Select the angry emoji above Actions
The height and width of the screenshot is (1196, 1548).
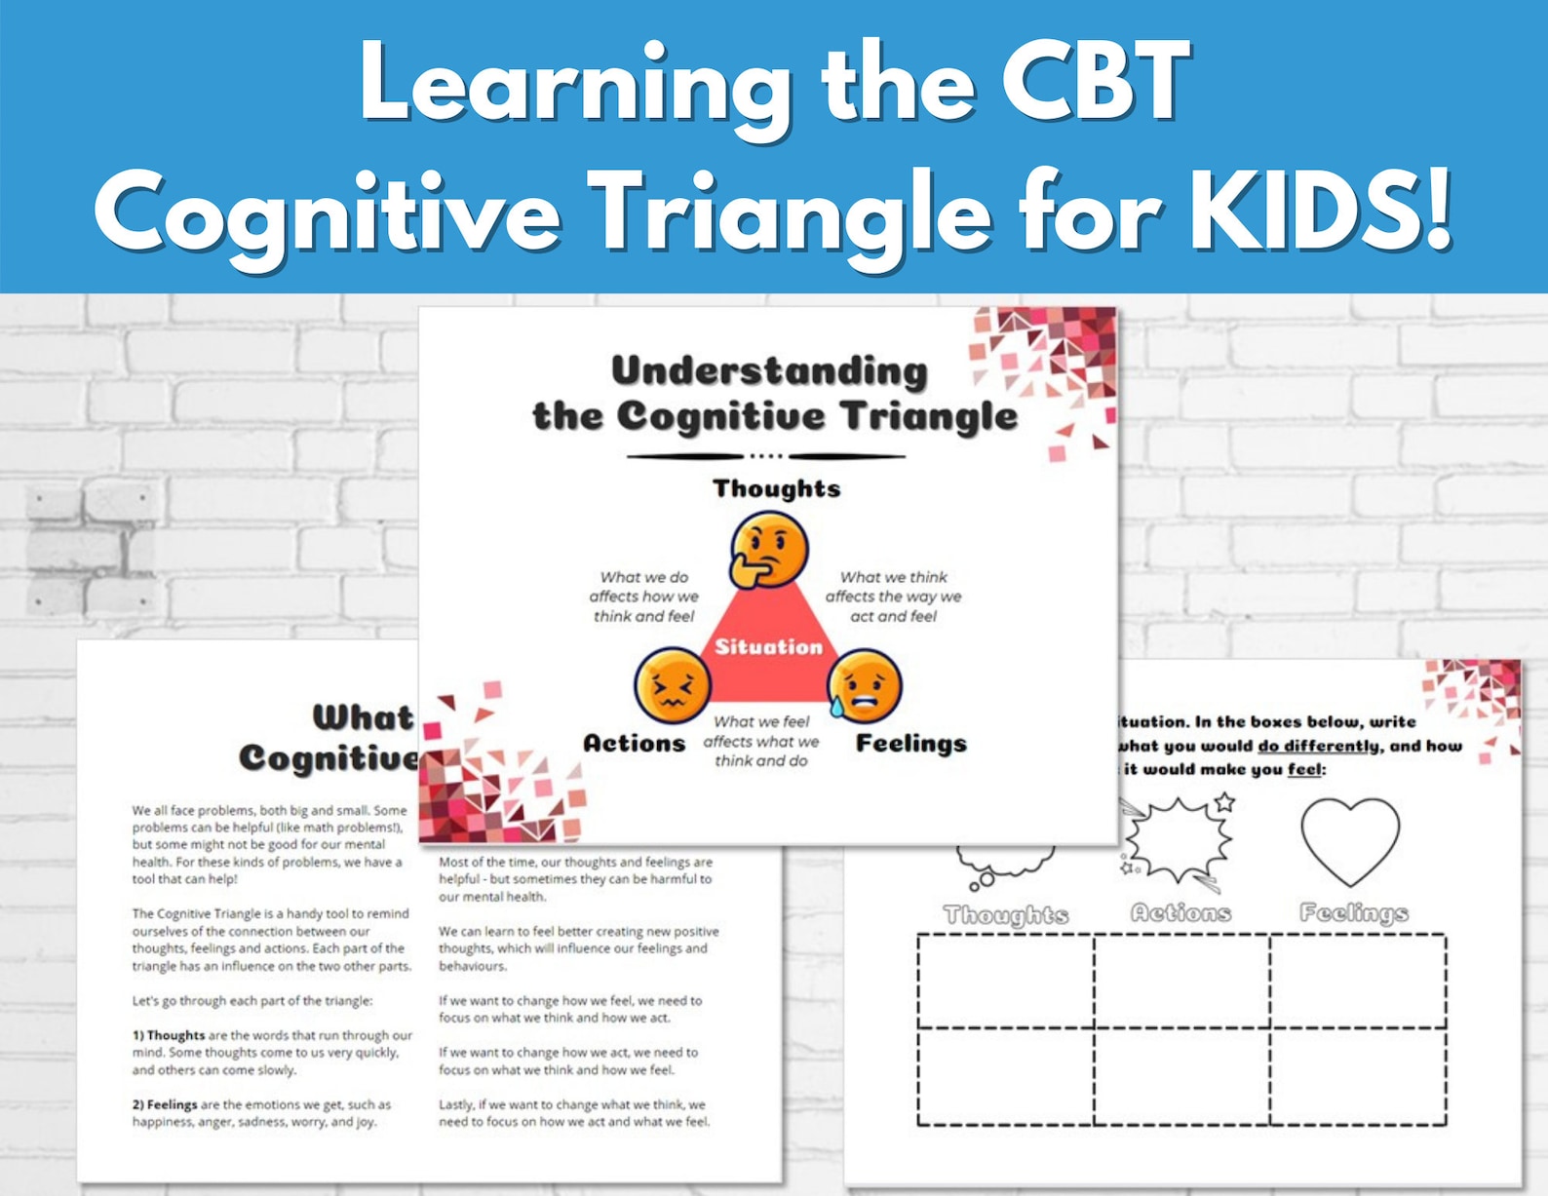(x=672, y=686)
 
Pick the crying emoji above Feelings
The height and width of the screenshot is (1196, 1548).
(x=864, y=686)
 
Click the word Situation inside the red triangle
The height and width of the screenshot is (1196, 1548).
(x=768, y=646)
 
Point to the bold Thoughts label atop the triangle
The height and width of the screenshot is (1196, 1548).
(x=776, y=488)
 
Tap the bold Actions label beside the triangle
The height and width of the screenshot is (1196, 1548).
(x=634, y=744)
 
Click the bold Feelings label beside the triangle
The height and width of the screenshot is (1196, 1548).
(x=910, y=744)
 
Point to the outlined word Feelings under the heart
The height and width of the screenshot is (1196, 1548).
(x=1354, y=913)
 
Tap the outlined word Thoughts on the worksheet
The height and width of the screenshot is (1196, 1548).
(x=1006, y=915)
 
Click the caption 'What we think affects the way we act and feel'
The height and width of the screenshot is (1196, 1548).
(x=893, y=597)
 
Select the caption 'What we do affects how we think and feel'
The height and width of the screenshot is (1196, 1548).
(x=643, y=597)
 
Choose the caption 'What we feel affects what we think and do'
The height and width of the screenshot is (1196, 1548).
(x=761, y=741)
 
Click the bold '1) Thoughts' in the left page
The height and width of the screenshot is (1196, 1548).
(x=169, y=1035)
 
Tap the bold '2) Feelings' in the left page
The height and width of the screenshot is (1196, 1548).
(x=165, y=1104)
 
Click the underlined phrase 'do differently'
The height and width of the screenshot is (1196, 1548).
(x=1318, y=747)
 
